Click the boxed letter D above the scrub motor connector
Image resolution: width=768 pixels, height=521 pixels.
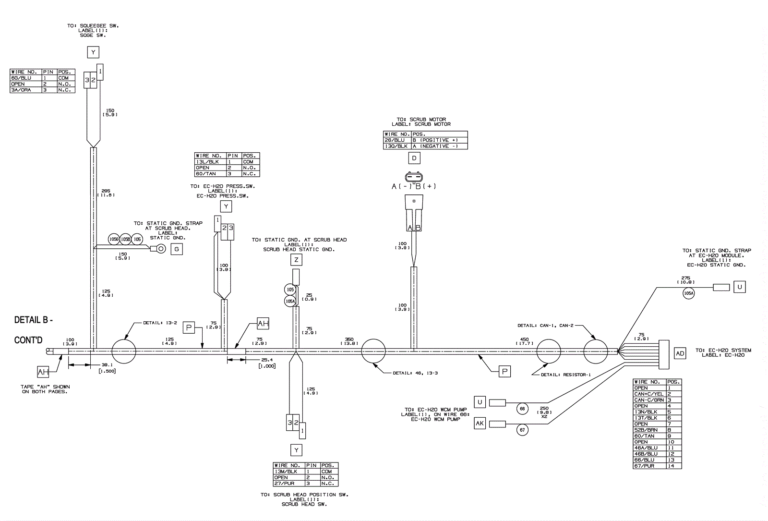coord(414,158)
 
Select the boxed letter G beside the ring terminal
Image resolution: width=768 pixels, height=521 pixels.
coord(177,249)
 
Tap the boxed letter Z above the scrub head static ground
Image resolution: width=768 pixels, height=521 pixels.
coord(297,260)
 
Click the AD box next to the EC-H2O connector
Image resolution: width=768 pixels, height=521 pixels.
coord(680,354)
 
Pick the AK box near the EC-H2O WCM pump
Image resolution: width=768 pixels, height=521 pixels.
coord(480,423)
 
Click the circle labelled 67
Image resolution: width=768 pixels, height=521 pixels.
coord(522,430)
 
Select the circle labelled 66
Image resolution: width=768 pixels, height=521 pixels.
coord(522,409)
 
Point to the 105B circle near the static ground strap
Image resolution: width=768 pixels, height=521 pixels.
coord(126,239)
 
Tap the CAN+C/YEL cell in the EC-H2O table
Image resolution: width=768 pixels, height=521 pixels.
coord(649,394)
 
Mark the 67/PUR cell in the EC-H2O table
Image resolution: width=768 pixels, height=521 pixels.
coord(649,466)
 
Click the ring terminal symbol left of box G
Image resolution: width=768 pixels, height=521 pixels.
coord(161,248)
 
